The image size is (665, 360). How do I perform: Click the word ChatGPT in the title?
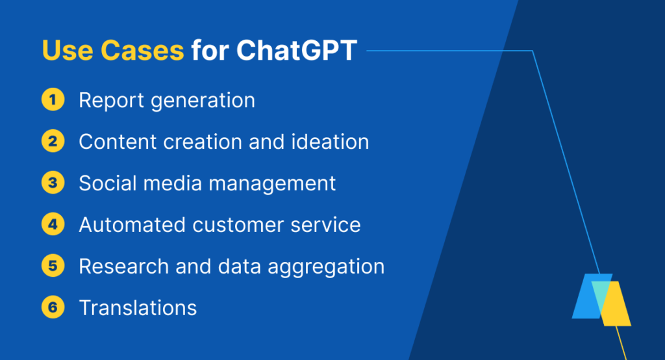(x=296, y=51)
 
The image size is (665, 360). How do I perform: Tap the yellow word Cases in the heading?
(x=142, y=51)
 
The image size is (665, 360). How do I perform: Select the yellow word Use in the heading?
(x=68, y=51)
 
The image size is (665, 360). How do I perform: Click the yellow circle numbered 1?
(x=53, y=100)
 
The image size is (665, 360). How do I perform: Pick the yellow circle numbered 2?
(x=53, y=141)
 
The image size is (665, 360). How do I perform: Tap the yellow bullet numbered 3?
(x=53, y=183)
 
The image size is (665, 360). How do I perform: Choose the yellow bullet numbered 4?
(x=53, y=224)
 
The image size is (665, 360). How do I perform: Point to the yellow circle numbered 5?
(x=53, y=266)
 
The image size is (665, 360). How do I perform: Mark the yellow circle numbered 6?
(x=53, y=307)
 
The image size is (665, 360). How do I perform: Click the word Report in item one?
(x=112, y=101)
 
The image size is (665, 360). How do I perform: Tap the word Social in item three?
(x=108, y=183)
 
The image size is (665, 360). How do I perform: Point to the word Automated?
(x=132, y=225)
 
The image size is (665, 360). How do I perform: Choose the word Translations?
(x=138, y=308)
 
